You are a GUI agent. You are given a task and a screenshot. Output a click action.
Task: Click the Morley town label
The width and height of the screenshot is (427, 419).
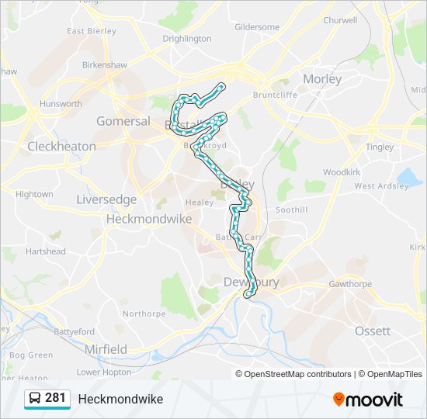pos(322,79)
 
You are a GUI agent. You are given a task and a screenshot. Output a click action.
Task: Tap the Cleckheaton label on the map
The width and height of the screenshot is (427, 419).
pos(61,146)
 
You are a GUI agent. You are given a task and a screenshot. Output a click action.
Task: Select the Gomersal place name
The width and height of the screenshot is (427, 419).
pos(123,121)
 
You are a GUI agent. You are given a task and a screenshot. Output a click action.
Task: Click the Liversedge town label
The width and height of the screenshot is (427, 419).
pos(106,199)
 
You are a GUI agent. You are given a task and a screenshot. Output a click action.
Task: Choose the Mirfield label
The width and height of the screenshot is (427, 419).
pos(106,349)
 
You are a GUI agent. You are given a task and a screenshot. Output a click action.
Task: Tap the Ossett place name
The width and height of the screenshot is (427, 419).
pos(373,331)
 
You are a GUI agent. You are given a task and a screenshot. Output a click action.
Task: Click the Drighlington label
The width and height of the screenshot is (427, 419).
pos(187,38)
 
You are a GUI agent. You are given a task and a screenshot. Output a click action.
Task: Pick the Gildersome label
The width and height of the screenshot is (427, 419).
pos(257,26)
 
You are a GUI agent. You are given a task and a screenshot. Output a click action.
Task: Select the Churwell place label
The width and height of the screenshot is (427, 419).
pos(341,20)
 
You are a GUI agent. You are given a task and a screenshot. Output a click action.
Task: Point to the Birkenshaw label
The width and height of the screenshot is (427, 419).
pos(105,66)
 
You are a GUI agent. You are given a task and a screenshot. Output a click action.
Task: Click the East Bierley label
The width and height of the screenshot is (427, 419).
pos(92,31)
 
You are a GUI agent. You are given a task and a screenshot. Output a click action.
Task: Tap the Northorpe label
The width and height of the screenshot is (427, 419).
pos(144,314)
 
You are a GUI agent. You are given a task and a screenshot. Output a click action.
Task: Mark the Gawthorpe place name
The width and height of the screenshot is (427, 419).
pos(350,284)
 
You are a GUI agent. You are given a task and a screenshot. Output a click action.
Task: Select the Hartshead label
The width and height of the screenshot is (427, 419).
pos(46,251)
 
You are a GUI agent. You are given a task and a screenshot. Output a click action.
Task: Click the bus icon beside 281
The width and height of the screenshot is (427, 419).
pos(35,399)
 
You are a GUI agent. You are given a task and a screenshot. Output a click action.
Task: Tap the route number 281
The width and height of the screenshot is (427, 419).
pos(55,398)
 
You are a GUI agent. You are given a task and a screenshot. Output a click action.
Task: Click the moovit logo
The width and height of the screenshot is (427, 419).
pos(368,400)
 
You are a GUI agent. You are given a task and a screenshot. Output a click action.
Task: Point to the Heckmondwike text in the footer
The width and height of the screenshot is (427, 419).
pos(120,399)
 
